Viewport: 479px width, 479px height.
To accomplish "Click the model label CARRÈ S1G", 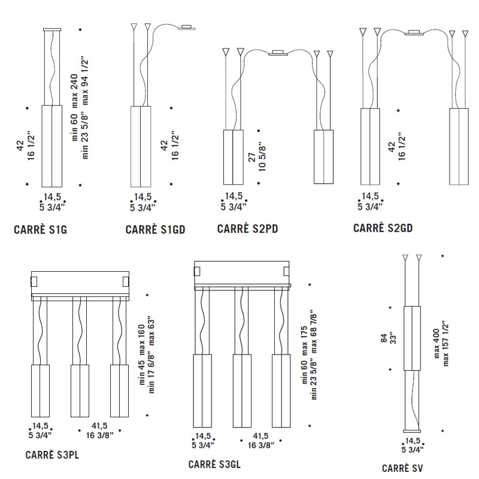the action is tap(40, 229).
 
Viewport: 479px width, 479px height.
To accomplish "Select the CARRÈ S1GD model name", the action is tap(155, 229).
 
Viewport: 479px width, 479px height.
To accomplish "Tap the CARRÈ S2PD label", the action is tap(247, 229).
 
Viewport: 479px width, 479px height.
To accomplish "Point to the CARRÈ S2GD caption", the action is tap(383, 228).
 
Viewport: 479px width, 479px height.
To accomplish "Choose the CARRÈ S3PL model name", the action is tap(52, 455).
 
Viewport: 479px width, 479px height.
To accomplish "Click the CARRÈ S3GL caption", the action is tap(214, 465).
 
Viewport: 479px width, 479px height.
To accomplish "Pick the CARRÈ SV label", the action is tap(402, 468).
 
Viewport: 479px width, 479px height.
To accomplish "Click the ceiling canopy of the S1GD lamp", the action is tap(187, 28).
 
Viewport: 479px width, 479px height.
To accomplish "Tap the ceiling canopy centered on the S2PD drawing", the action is tap(278, 53).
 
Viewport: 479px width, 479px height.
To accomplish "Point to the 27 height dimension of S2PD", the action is tap(251, 157).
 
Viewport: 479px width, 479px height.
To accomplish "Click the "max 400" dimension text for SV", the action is tap(436, 343).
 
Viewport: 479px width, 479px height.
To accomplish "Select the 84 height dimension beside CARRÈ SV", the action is tap(384, 338).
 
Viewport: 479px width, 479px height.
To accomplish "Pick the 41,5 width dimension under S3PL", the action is tap(99, 426).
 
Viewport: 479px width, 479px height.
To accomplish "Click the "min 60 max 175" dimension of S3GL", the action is tap(304, 355).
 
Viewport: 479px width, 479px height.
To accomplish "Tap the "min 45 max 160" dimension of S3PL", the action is tap(141, 354).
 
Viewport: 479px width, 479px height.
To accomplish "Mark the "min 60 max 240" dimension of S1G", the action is tap(74, 107).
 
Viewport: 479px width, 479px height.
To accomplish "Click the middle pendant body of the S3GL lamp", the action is tap(242, 391).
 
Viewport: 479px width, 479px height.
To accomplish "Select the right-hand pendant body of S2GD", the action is tap(459, 147).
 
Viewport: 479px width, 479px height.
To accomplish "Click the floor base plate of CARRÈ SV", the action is tap(412, 431).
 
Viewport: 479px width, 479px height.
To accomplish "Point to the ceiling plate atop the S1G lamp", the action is tap(52, 29).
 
